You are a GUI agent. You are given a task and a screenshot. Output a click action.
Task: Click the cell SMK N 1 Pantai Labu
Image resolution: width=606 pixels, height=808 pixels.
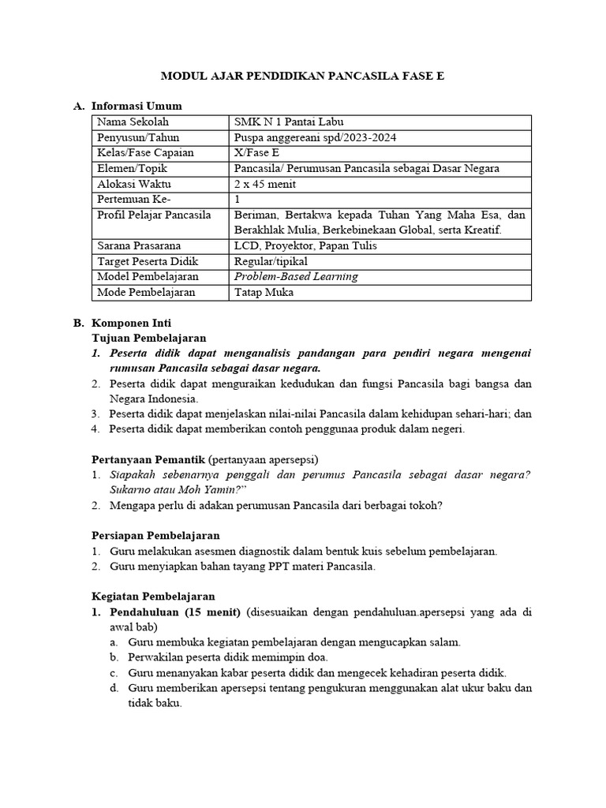tap(289, 122)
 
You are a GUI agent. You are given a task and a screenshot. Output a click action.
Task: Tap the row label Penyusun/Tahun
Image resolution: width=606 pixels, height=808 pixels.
tap(138, 137)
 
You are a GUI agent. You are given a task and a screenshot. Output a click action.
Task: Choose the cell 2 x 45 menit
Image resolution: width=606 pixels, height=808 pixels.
tap(266, 183)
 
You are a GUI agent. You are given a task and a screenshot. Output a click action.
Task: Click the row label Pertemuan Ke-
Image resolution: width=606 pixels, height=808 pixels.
tap(133, 199)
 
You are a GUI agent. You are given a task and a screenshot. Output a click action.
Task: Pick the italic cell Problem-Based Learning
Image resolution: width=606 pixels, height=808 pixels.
tap(296, 276)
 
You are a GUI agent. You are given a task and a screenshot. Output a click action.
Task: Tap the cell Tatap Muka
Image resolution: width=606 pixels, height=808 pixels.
tap(264, 292)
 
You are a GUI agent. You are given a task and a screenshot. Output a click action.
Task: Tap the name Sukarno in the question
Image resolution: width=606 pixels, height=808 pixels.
tap(131, 490)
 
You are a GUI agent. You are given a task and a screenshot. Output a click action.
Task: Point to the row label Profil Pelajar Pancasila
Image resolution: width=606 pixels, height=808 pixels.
tap(153, 215)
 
